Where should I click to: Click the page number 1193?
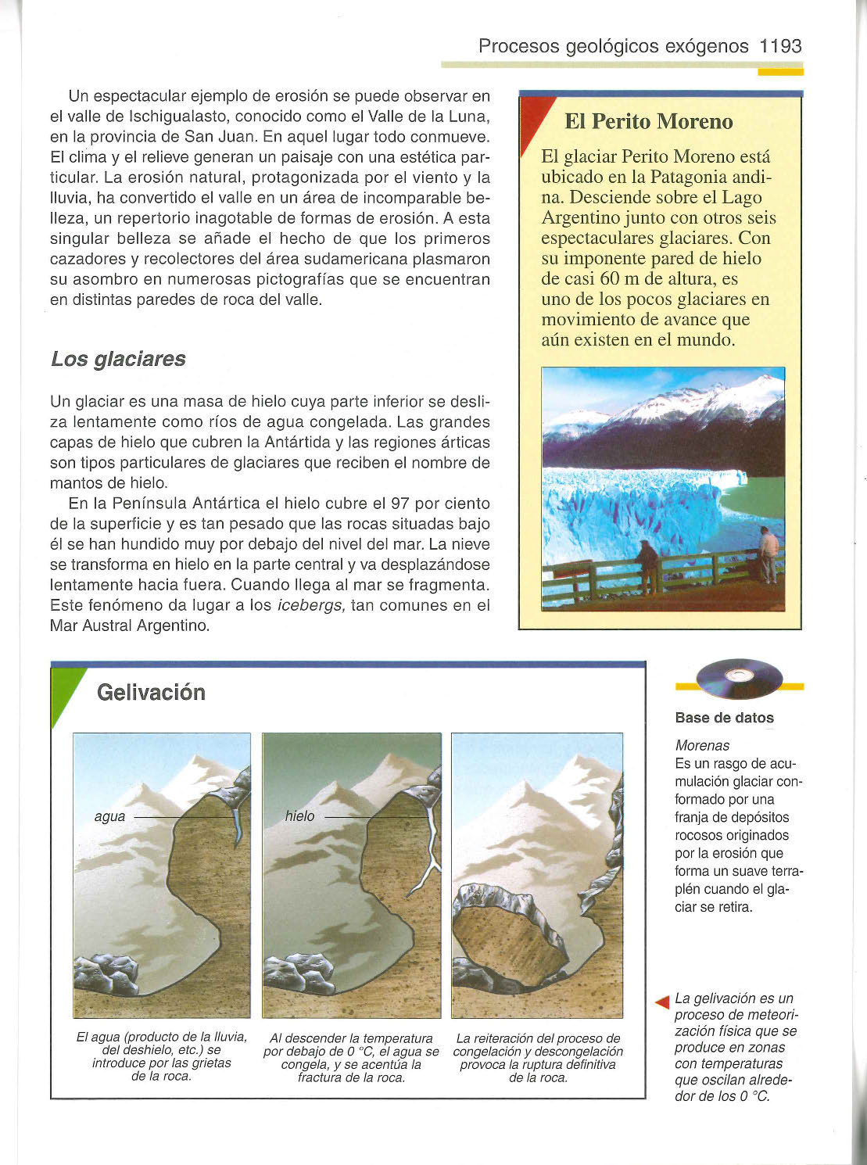pyautogui.click(x=780, y=46)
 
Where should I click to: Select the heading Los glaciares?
pyautogui.click(x=118, y=359)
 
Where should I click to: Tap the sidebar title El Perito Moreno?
pyautogui.click(x=648, y=122)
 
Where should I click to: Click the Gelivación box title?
pyautogui.click(x=151, y=693)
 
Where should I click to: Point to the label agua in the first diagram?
pyautogui.click(x=109, y=816)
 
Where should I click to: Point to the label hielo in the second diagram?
pyautogui.click(x=299, y=816)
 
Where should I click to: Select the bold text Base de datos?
pyautogui.click(x=724, y=718)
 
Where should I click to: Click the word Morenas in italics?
pyautogui.click(x=702, y=746)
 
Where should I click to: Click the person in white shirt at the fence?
pyautogui.click(x=769, y=552)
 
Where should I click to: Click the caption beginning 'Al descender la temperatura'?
pyautogui.click(x=351, y=1058)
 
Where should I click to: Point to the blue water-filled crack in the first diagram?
pyautogui.click(x=237, y=825)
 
